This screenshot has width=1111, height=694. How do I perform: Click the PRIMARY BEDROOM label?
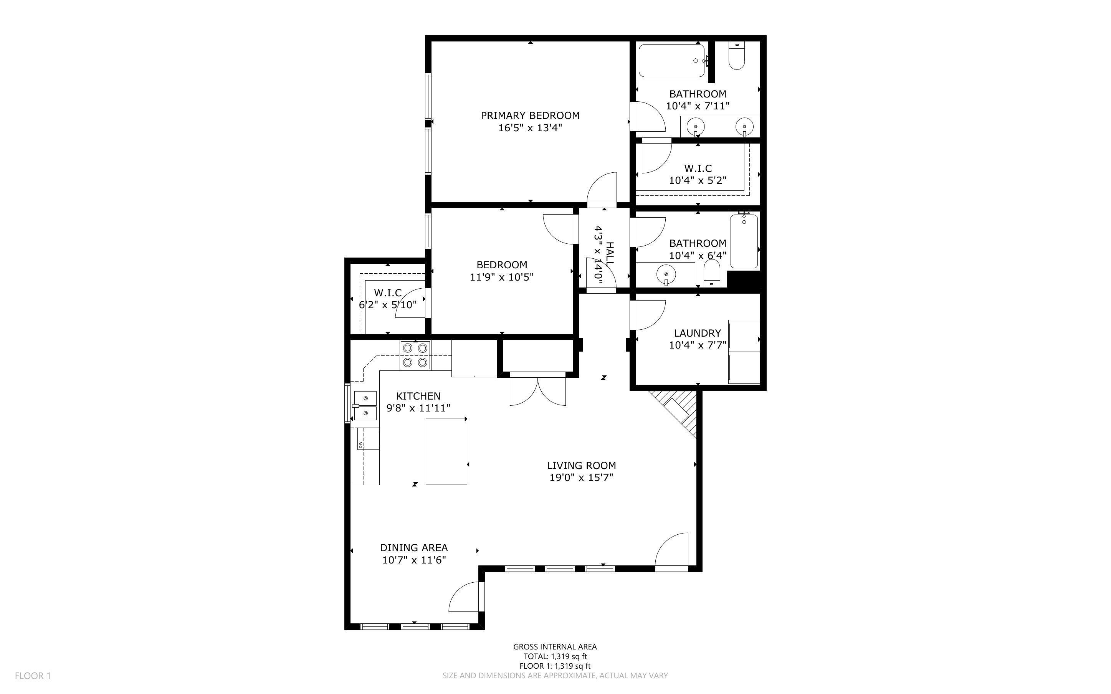(x=530, y=115)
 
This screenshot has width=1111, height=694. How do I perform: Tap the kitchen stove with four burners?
(x=415, y=355)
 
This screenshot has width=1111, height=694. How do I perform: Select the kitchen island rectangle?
(x=446, y=451)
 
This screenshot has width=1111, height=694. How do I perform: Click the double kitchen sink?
(x=365, y=406)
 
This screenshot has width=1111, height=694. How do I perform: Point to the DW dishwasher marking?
(x=360, y=444)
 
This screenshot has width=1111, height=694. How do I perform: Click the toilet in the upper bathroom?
(x=737, y=57)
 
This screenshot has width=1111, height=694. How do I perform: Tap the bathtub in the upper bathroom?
(x=671, y=61)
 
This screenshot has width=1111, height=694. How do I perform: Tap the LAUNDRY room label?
(x=697, y=333)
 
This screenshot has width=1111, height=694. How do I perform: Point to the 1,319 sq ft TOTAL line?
(x=555, y=656)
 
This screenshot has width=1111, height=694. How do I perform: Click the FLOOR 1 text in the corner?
(x=33, y=676)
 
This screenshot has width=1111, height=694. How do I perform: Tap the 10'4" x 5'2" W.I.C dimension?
(x=697, y=180)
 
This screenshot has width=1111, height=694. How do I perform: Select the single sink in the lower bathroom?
(x=666, y=275)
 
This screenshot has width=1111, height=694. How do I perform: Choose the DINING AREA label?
(x=413, y=548)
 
